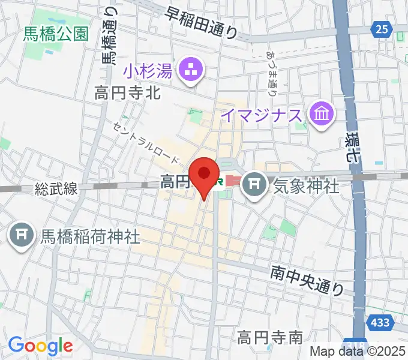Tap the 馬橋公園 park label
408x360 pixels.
point(56,34)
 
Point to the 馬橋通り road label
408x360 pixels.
point(110,37)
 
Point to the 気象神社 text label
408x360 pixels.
point(306,186)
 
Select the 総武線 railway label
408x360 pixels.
point(56,189)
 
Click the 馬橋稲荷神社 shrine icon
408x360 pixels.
point(22,235)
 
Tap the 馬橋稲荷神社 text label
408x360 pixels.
point(90,236)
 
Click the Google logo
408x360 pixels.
point(41,346)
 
